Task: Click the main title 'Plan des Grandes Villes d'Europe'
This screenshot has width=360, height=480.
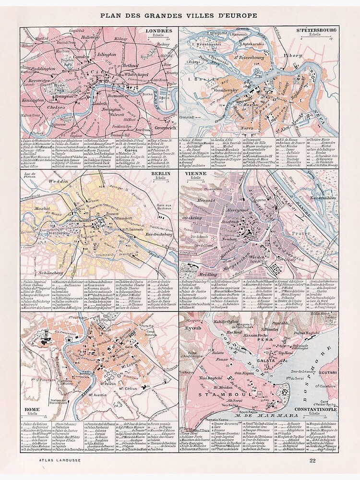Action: (179, 15)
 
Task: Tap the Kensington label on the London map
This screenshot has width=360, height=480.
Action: (33, 100)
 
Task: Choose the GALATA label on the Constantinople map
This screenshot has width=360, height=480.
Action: (266, 361)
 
